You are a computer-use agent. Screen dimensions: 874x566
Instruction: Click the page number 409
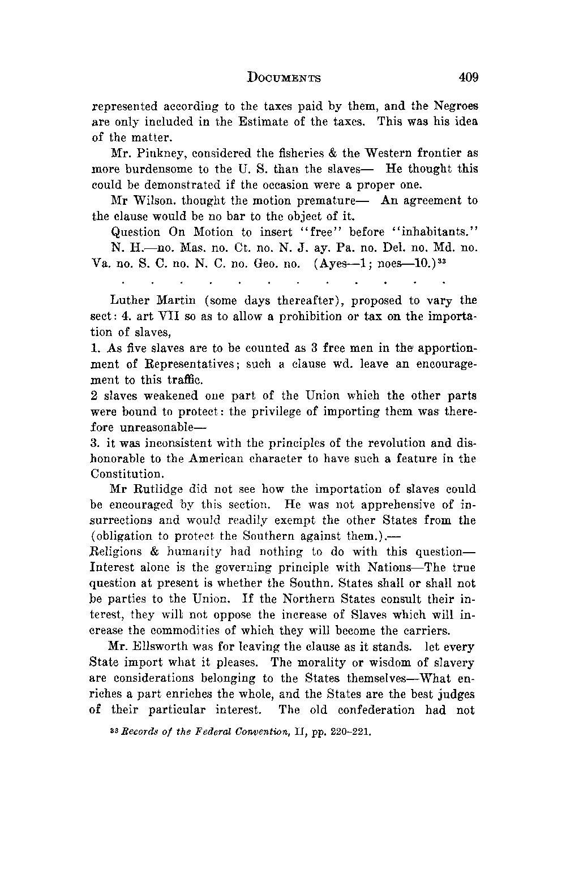pyautogui.click(x=468, y=77)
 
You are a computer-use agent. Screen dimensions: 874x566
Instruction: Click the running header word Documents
pyautogui.click(x=284, y=78)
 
